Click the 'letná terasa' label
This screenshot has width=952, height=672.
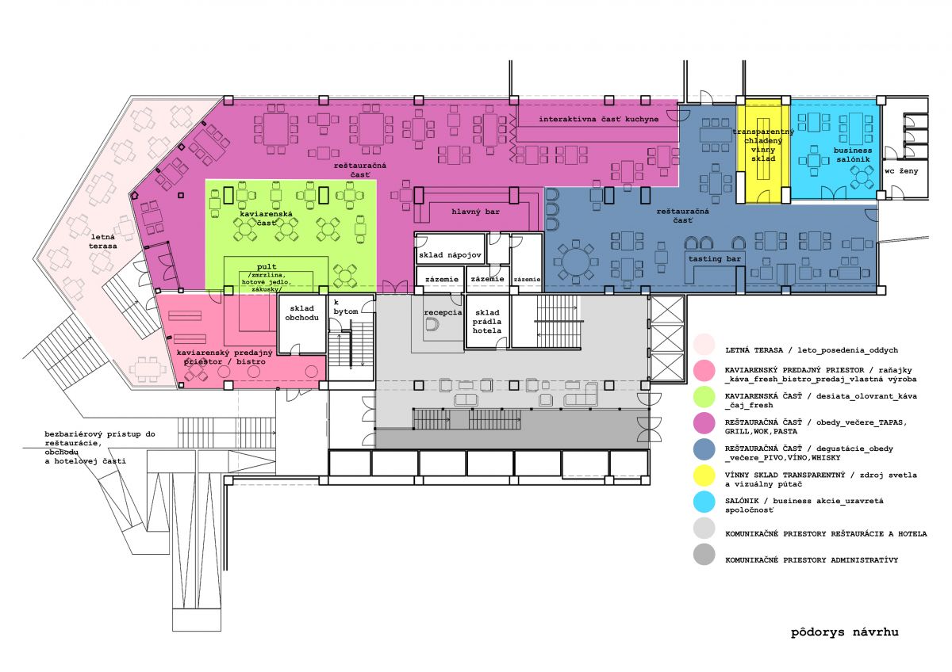103,242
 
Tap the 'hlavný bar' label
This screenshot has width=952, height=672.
475,212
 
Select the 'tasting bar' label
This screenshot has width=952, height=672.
715,258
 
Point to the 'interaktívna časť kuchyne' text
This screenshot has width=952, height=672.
598,120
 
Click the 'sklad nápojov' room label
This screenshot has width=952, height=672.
450,255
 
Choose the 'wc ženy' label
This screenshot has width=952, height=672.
901,171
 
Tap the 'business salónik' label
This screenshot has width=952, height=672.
853,155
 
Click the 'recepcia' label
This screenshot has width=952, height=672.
443,312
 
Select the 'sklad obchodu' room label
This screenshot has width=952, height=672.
301,313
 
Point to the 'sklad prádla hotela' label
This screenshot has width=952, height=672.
487,322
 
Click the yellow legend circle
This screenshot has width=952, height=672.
704,475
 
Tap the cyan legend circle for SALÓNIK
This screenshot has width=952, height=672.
704,502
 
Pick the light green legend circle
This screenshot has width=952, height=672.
704,397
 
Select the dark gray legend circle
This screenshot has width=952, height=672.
704,555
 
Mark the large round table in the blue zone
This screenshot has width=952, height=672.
576,262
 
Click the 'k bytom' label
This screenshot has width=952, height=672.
346,307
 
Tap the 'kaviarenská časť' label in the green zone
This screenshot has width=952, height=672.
266,218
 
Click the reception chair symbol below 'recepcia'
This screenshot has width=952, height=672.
432,325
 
